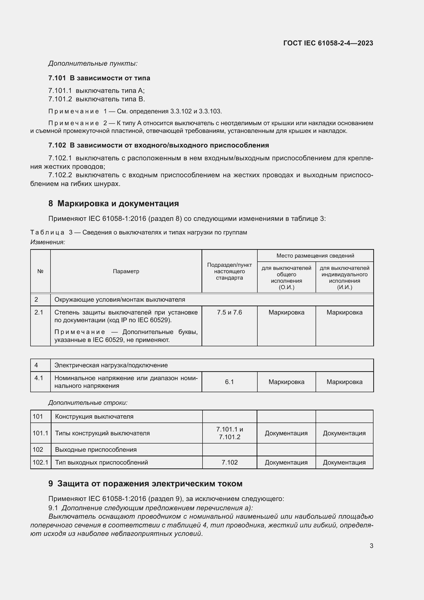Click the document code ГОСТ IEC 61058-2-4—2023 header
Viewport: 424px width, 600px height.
[x=328, y=43]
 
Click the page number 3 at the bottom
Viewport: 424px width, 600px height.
[x=371, y=546]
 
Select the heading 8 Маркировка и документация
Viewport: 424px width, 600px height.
[x=114, y=203]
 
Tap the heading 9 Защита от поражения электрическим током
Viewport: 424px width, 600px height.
[x=145, y=484]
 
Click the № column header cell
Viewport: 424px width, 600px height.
[x=40, y=271]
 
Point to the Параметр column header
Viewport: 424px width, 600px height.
[x=126, y=271]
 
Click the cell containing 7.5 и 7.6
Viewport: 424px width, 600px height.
[x=229, y=312]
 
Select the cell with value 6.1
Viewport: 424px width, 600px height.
[x=229, y=382]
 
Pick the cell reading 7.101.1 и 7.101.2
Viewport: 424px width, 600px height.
[x=229, y=433]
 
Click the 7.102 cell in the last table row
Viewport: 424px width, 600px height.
[x=229, y=462]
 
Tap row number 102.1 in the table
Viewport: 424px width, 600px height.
[x=40, y=462]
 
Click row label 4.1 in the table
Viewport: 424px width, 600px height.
[x=39, y=378]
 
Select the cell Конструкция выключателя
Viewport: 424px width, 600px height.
[x=94, y=416]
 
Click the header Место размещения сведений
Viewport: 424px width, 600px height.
[x=315, y=255]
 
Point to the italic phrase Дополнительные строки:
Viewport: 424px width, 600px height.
[x=88, y=403]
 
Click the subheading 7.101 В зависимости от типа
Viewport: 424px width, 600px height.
[x=99, y=78]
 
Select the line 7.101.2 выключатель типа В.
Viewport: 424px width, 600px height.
[x=97, y=99]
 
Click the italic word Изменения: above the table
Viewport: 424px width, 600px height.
[x=47, y=242]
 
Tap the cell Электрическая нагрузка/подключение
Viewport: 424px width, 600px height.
[x=111, y=365]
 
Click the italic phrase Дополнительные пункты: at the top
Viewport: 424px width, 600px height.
[x=93, y=63]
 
